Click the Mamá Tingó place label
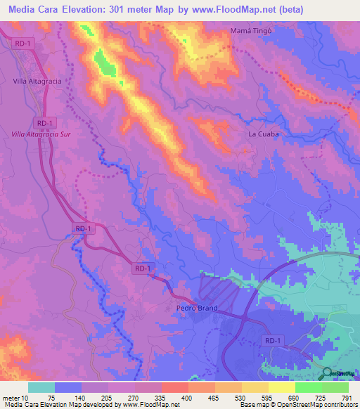point(251,31)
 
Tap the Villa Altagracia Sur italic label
point(43,134)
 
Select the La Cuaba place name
point(264,134)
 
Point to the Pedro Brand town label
point(196,309)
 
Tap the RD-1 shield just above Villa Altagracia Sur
point(44,122)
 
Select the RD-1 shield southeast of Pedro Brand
point(274,341)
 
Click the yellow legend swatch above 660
point(281,387)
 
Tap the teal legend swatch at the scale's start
point(41,387)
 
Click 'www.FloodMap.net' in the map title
point(237,10)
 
